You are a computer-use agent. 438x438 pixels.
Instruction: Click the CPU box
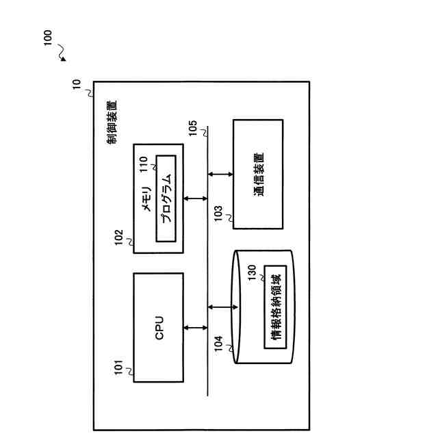(x=158, y=328)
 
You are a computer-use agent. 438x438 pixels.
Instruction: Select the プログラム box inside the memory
(x=166, y=198)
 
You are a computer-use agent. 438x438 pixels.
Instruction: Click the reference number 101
(x=119, y=370)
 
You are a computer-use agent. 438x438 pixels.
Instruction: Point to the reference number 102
(x=119, y=238)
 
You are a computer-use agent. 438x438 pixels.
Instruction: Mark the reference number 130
(x=252, y=272)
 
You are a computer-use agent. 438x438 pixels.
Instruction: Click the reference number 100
(x=47, y=38)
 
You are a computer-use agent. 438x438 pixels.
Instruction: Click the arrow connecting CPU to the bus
(x=196, y=328)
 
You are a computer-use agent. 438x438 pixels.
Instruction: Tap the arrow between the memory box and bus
(x=196, y=198)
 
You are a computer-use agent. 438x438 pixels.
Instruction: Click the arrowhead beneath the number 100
(x=64, y=58)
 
